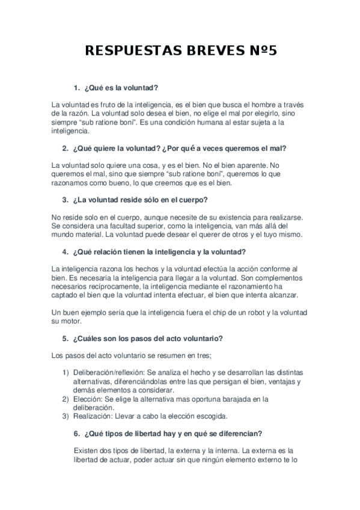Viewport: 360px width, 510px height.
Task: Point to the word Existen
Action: pos(87,450)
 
